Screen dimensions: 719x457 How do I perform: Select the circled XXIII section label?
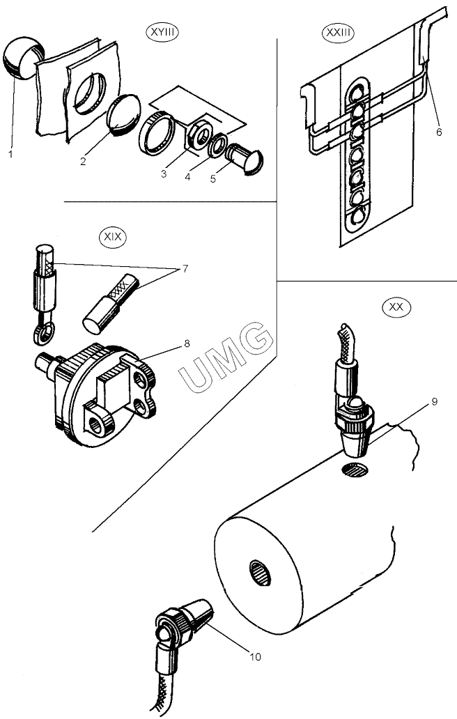[338, 32]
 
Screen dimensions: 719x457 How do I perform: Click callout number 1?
[10, 155]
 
